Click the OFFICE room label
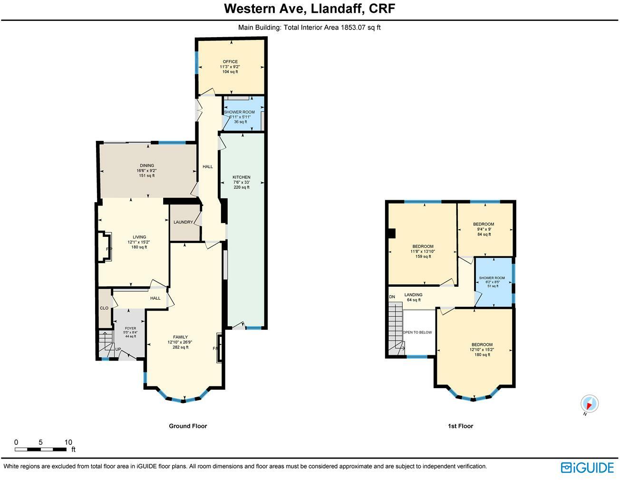[x=230, y=62]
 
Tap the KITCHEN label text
[x=241, y=177]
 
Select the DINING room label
[x=146, y=166]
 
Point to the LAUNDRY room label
[x=183, y=222]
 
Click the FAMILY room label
[x=180, y=337]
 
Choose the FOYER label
[x=130, y=328]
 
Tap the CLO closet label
[x=104, y=308]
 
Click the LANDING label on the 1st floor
[x=413, y=295]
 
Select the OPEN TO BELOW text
[x=417, y=332]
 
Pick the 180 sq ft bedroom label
[x=482, y=345]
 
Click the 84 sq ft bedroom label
[x=483, y=224]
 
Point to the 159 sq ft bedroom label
[x=423, y=246]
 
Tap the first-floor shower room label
[x=492, y=278]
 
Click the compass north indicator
[x=590, y=404]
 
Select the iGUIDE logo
[x=587, y=467]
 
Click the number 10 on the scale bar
[x=68, y=442]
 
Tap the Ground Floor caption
[x=188, y=426]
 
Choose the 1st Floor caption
[x=460, y=426]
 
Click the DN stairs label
[x=392, y=297]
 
